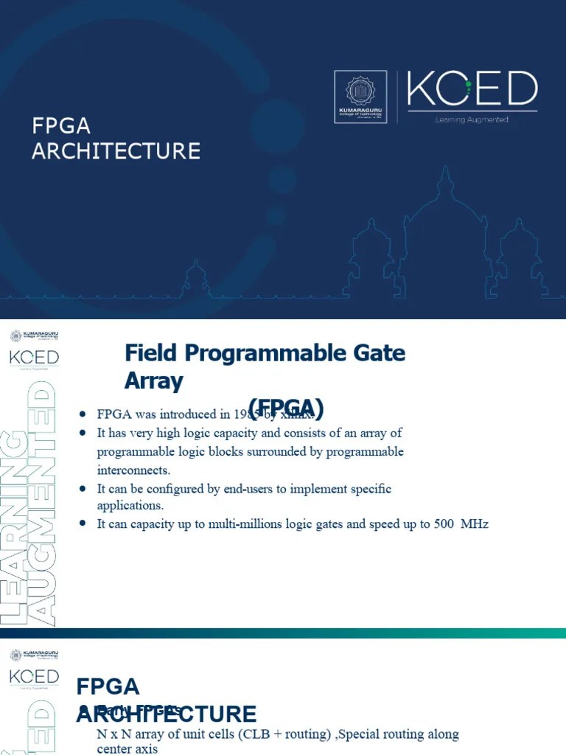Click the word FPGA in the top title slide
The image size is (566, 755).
(61, 125)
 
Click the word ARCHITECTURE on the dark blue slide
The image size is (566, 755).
(116, 151)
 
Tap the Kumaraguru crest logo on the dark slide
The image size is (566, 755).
(361, 97)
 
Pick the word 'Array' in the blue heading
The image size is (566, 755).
(153, 381)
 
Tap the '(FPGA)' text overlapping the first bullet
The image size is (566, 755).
(287, 407)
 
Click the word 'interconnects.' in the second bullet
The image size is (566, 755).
(133, 470)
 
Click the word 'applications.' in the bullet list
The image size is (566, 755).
(130, 506)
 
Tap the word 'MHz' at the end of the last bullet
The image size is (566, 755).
(475, 524)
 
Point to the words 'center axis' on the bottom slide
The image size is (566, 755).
(127, 749)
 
